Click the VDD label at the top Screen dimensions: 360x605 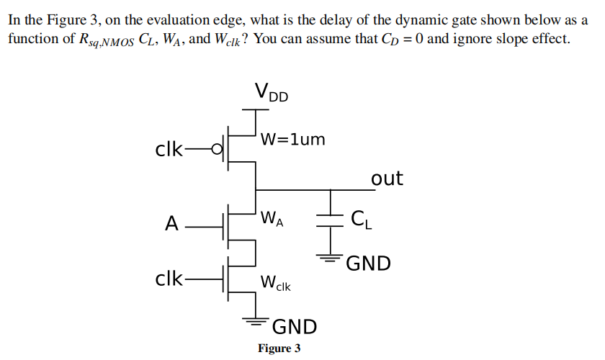pos(271,93)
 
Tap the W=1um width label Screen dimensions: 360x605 pos(293,139)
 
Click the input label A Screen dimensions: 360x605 pos(171,224)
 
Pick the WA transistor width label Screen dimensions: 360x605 pos(272,217)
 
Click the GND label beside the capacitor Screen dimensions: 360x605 pos(368,264)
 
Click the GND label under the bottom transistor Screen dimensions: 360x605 pos(294,327)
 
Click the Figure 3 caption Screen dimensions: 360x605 pos(279,348)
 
